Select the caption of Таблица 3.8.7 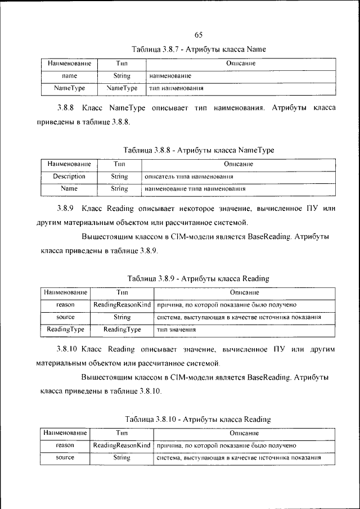(198, 49)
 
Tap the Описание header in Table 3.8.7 (241, 64)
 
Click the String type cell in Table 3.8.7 (122, 75)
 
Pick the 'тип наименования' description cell (175, 88)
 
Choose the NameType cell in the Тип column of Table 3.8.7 (122, 88)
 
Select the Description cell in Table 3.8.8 (69, 176)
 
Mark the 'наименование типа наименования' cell (195, 189)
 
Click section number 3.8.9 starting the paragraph (66, 208)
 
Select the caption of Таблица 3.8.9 (198, 278)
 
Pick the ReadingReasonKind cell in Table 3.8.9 (122, 304)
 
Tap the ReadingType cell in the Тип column (122, 329)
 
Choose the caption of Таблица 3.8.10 (198, 419)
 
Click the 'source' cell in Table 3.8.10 (65, 458)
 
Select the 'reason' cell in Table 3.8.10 (65, 445)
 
